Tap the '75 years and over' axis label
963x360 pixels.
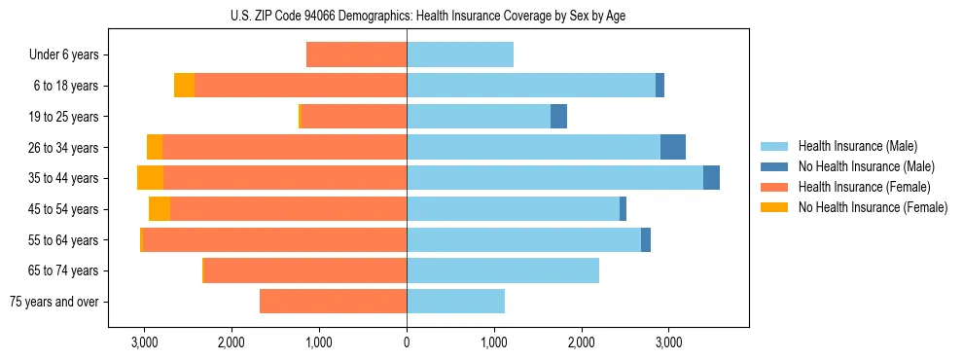click(x=54, y=302)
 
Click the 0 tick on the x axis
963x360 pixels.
click(x=407, y=342)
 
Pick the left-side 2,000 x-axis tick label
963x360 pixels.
click(x=232, y=342)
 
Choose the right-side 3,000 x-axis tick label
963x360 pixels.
click(x=668, y=342)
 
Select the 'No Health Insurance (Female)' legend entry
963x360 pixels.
click(x=873, y=207)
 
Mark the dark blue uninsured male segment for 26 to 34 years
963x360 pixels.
click(x=673, y=147)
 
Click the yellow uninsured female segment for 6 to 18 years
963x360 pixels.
click(x=184, y=86)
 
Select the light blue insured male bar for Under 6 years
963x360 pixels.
click(x=460, y=55)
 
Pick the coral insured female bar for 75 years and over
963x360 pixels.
click(x=333, y=302)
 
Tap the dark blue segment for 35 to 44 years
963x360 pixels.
click(x=711, y=178)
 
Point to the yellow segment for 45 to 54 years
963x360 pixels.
click(x=160, y=209)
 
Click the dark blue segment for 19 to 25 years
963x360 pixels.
click(x=558, y=117)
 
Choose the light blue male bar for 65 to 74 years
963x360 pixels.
click(x=503, y=270)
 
